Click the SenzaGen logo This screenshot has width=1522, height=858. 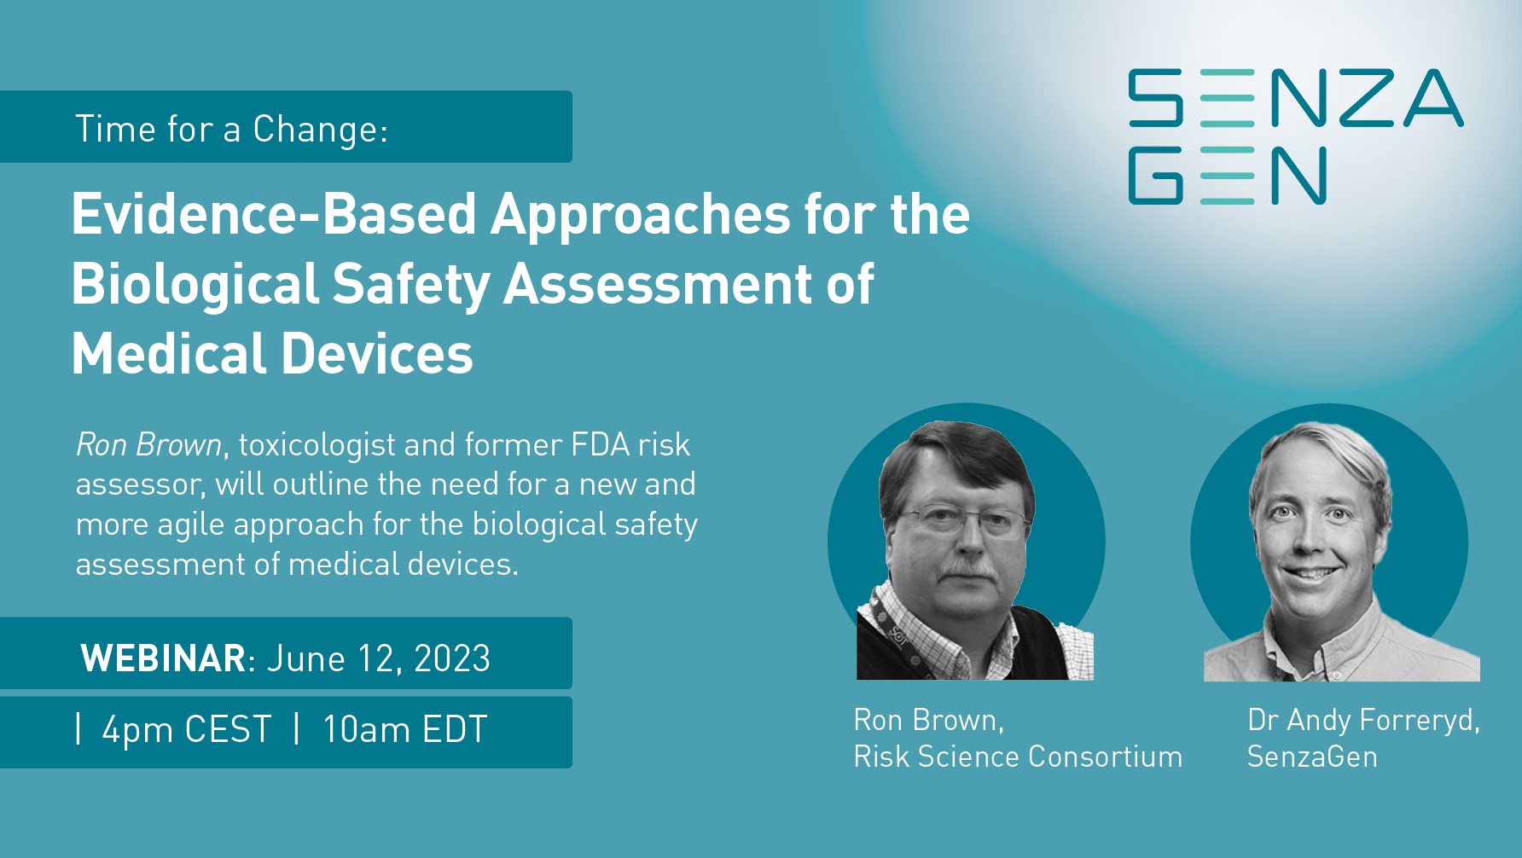pyautogui.click(x=1296, y=136)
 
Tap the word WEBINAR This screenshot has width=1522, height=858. pyautogui.click(x=163, y=658)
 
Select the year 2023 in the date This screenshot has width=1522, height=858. pyautogui.click(x=452, y=658)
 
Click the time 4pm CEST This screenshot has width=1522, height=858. pyautogui.click(x=187, y=730)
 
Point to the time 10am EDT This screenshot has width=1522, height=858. pyautogui.click(x=404, y=730)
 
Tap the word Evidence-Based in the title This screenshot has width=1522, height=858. pyautogui.click(x=274, y=213)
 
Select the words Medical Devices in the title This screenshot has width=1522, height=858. pyautogui.click(x=272, y=354)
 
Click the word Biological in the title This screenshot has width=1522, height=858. pyautogui.click(x=195, y=285)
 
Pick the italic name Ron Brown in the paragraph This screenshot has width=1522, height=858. pyautogui.click(x=149, y=444)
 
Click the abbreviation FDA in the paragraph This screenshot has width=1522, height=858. pyautogui.click(x=600, y=444)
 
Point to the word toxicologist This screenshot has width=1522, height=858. pyautogui.click(x=317, y=445)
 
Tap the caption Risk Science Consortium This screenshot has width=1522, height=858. pyautogui.click(x=1018, y=757)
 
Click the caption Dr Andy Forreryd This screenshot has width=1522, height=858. pyautogui.click(x=1363, y=721)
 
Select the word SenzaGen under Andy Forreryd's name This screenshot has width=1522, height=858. pyautogui.click(x=1312, y=757)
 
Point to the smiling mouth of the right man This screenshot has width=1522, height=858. pyautogui.click(x=1311, y=573)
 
